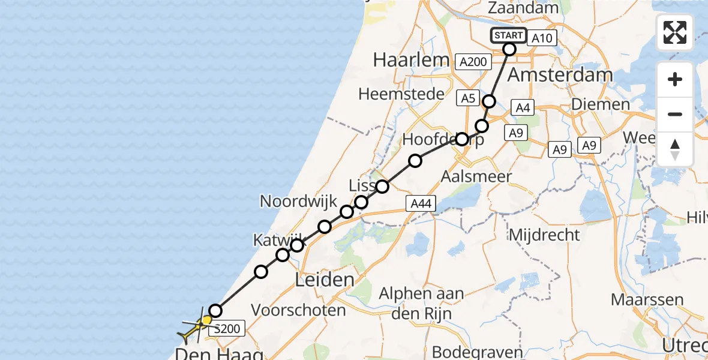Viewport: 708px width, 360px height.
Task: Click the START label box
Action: click(509, 35)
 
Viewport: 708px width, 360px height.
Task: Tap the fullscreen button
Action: click(675, 32)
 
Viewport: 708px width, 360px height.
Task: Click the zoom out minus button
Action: click(675, 114)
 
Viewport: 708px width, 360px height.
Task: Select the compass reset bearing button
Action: click(675, 149)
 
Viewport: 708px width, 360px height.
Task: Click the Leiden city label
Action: click(325, 280)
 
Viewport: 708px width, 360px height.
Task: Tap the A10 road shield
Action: click(542, 38)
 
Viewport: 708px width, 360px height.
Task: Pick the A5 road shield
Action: click(467, 98)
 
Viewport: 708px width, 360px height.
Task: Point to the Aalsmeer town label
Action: click(476, 176)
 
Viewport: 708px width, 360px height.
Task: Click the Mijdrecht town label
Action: click(544, 234)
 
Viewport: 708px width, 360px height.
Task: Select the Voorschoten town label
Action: click(298, 310)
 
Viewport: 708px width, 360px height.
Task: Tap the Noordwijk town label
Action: click(298, 202)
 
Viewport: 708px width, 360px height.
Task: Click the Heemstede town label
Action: click(402, 94)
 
